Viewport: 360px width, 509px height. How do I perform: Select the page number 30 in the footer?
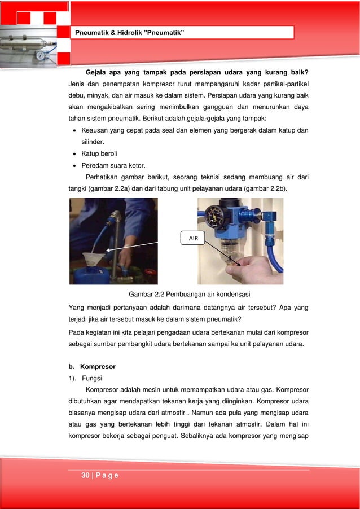pyautogui.click(x=86, y=476)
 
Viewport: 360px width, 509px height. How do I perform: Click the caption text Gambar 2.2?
pyautogui.click(x=149, y=295)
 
